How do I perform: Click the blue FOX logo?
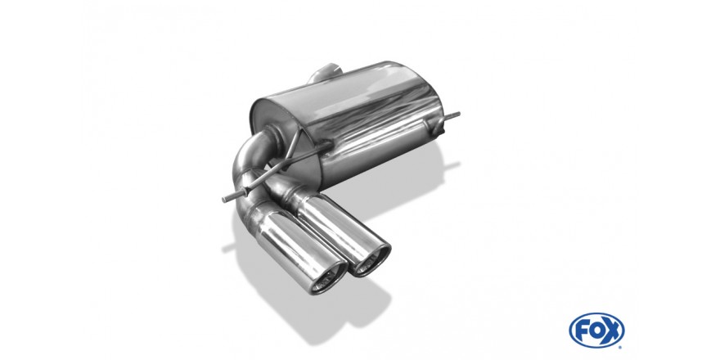coord(596,331)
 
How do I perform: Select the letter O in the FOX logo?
coord(596,331)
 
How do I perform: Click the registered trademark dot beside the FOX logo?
coord(620,347)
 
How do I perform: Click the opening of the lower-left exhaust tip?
coord(328,280)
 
